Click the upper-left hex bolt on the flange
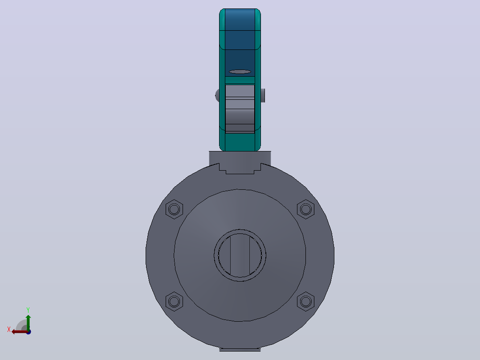click(x=174, y=209)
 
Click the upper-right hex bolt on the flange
click(x=305, y=209)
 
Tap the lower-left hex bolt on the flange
click(x=174, y=302)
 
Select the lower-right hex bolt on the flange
click(x=305, y=302)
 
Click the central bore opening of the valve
click(x=240, y=255)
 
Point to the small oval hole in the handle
click(x=240, y=72)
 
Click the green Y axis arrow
click(x=28, y=323)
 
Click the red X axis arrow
click(x=20, y=332)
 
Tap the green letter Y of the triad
click(x=28, y=310)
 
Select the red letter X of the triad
click(x=9, y=330)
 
